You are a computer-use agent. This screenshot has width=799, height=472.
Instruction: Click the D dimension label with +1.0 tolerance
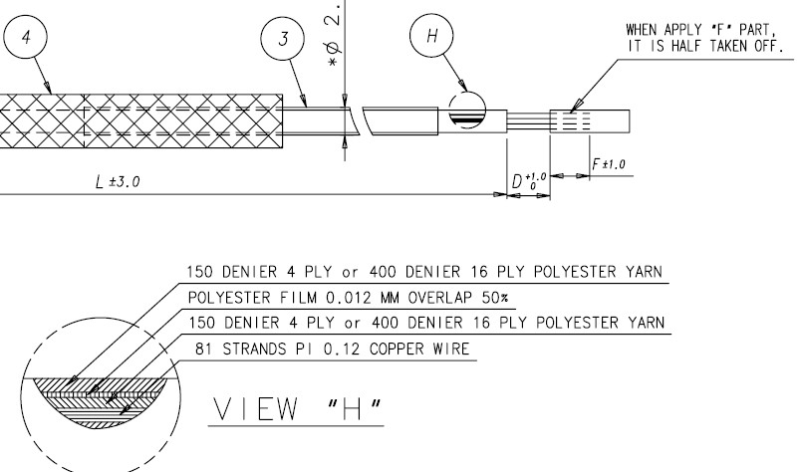525,181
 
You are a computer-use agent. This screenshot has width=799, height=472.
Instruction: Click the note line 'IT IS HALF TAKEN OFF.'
702,45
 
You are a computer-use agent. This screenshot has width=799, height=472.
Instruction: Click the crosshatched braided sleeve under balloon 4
139,118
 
